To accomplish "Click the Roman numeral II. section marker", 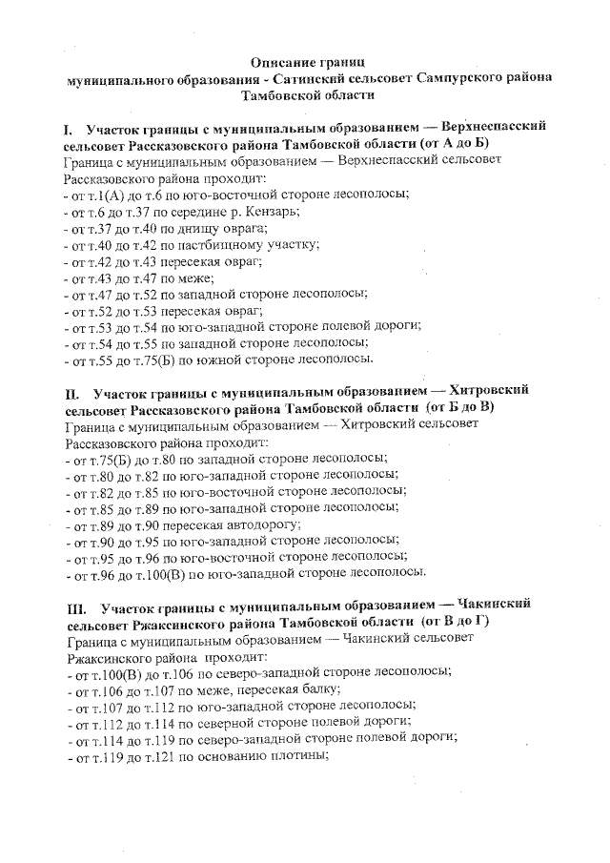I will (x=71, y=392).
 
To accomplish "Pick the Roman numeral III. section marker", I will (x=76, y=605).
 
